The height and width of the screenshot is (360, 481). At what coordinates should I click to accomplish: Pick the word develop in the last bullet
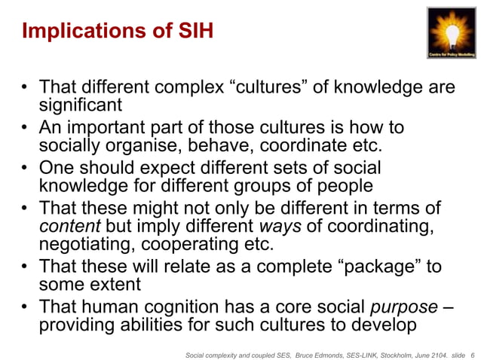click(x=381, y=326)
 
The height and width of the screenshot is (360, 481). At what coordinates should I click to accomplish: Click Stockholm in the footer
click(x=381, y=351)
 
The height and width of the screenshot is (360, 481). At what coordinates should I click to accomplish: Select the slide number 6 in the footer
click(x=471, y=351)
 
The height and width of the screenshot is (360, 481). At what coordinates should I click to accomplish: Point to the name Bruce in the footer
click(x=302, y=351)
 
